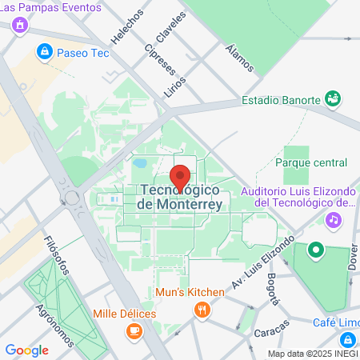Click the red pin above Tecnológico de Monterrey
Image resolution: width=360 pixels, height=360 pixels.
(x=180, y=177)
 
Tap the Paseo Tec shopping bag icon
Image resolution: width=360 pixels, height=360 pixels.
(x=45, y=53)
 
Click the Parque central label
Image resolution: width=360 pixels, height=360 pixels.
(x=310, y=162)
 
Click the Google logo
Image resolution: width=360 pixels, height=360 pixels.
(x=26, y=350)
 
